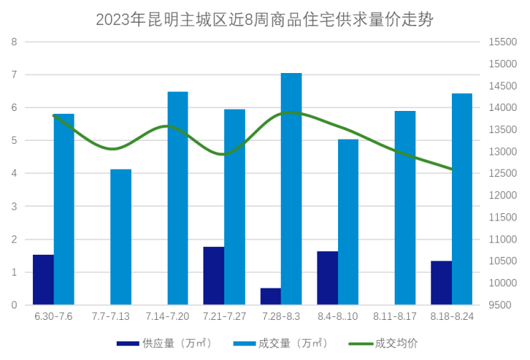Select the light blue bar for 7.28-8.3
[x=291, y=189]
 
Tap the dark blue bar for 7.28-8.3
[x=270, y=296]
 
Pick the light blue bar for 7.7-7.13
[x=121, y=237]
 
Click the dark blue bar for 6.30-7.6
[x=43, y=279]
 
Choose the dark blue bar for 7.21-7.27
[x=213, y=276]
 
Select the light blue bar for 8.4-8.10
[x=348, y=222]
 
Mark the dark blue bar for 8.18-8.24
[x=441, y=283]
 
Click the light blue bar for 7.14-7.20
[x=178, y=198]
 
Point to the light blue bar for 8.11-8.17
[x=405, y=208]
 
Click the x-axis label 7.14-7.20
[x=168, y=316]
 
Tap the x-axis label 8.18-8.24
[x=452, y=316]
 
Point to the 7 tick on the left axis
[x=14, y=74]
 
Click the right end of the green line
[x=450, y=170]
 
